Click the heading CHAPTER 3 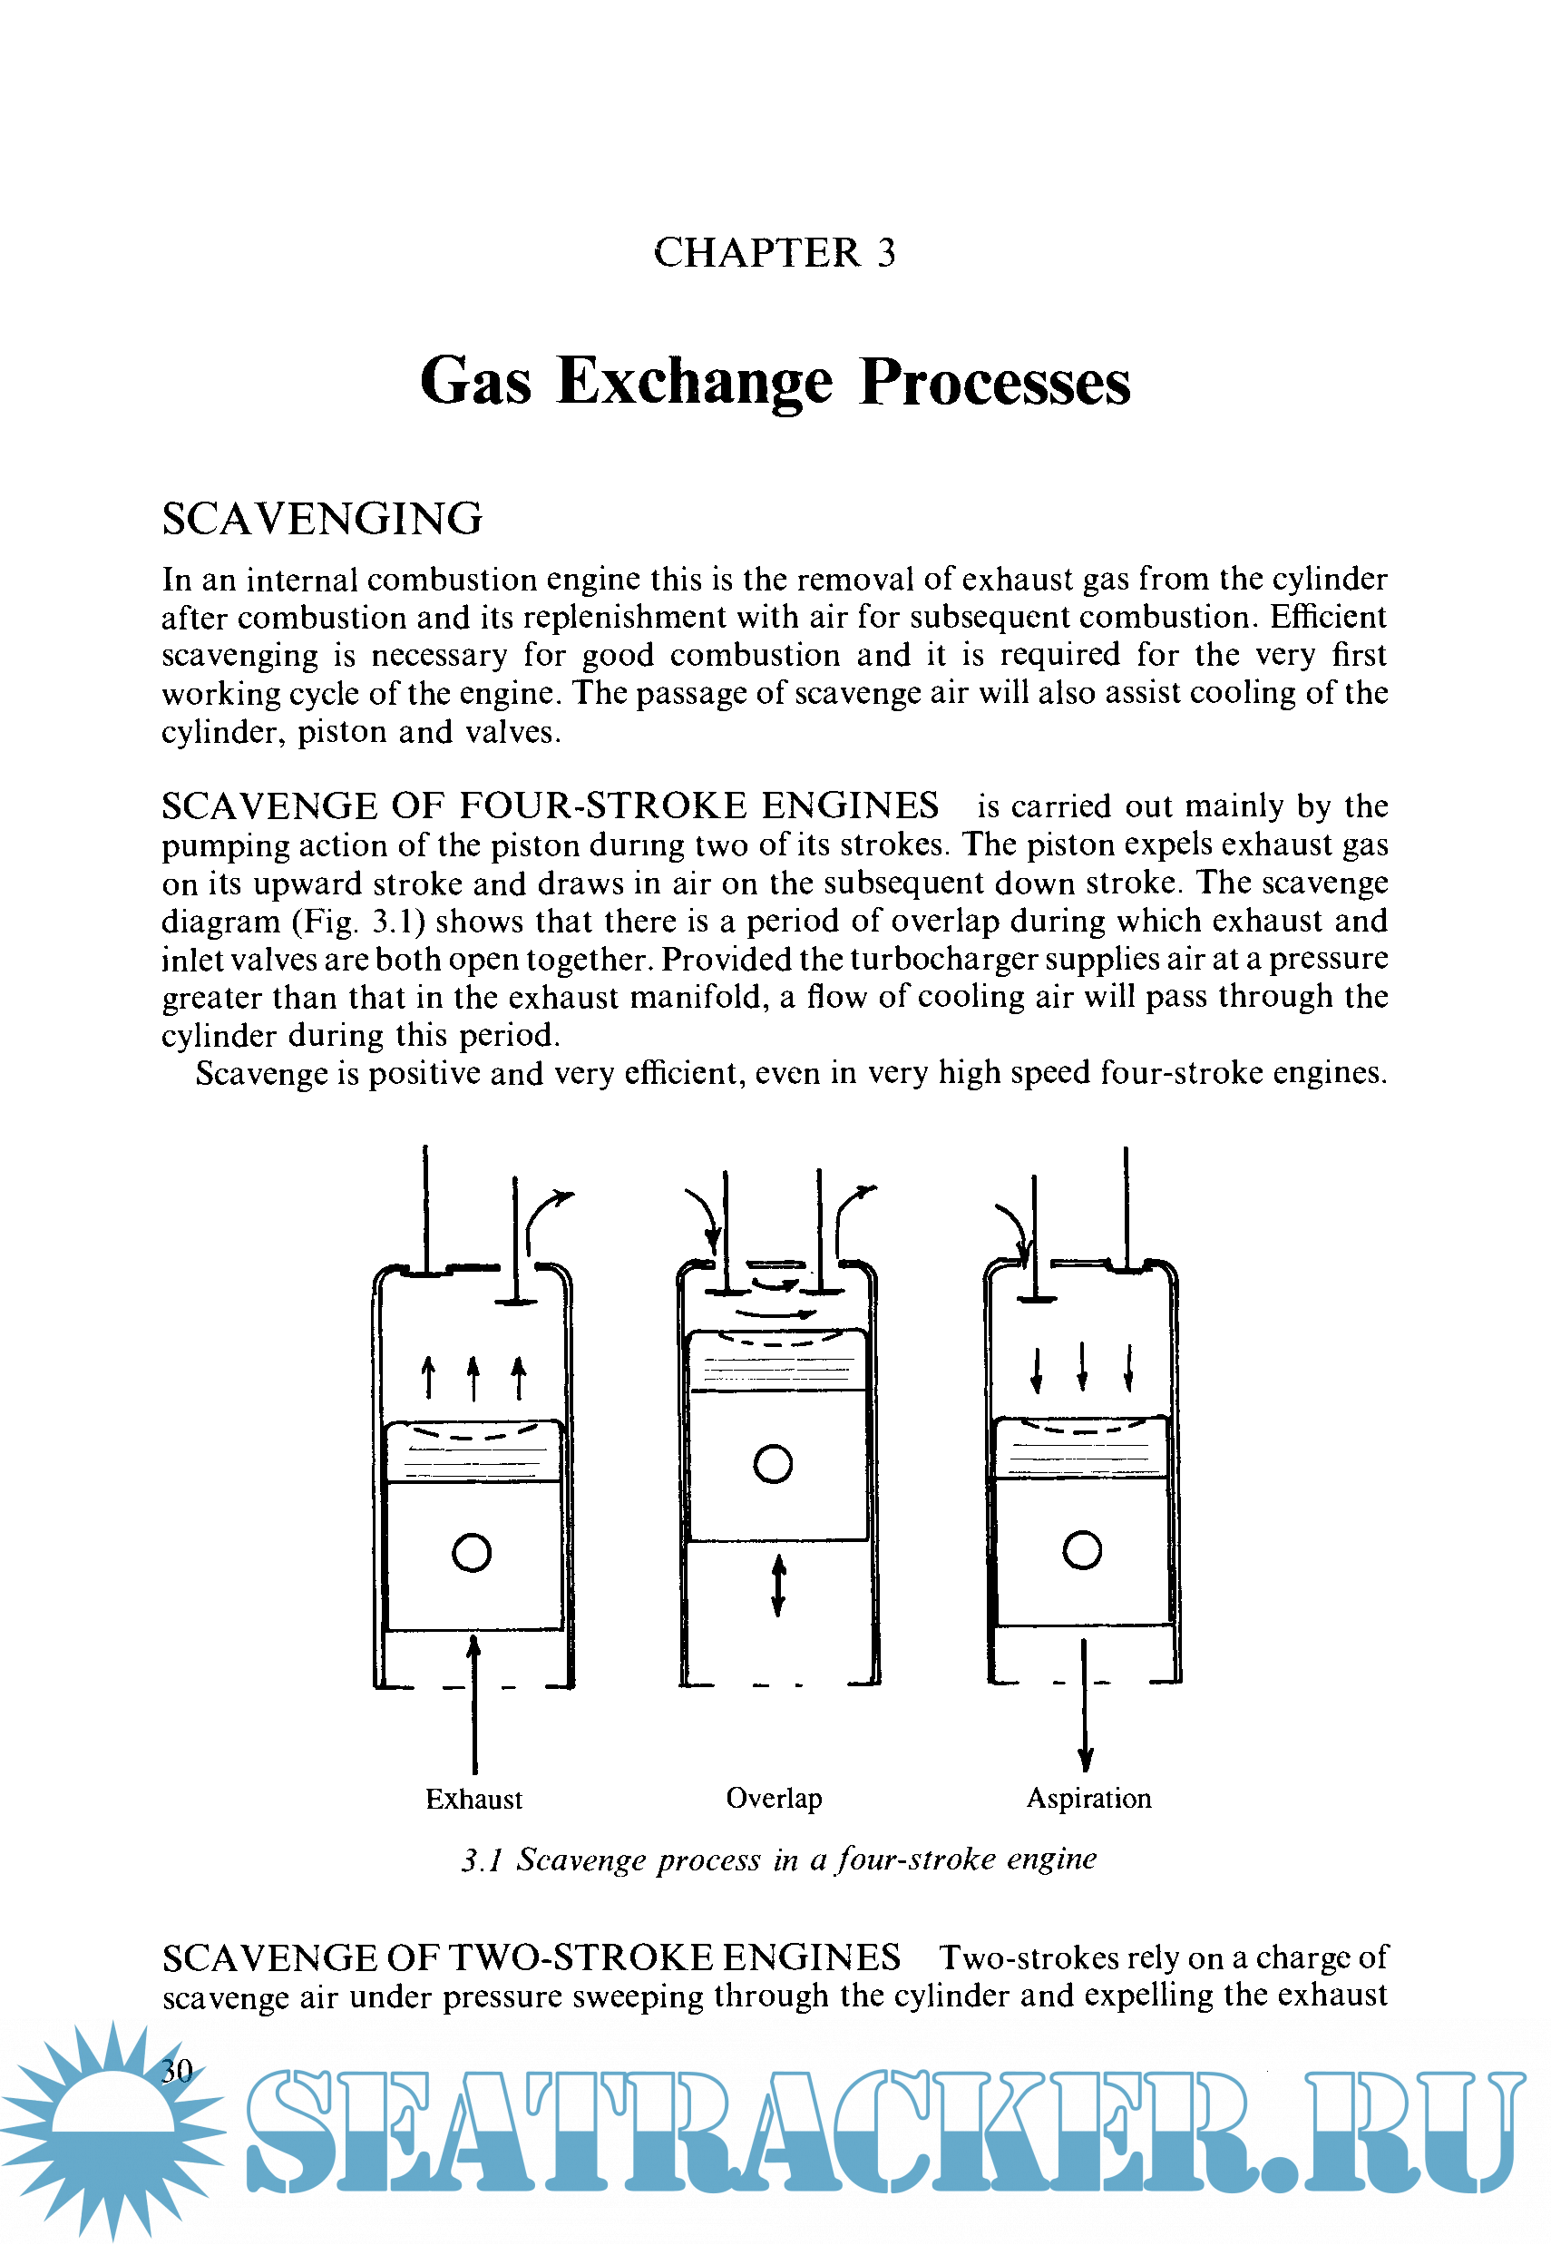tap(775, 253)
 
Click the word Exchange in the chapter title tap(694, 381)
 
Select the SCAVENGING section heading tap(322, 519)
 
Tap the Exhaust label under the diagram tap(473, 1799)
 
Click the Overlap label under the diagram tap(774, 1798)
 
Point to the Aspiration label tap(1088, 1798)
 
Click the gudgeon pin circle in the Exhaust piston tap(472, 1552)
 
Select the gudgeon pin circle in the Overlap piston tap(773, 1464)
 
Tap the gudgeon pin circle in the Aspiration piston tap(1081, 1549)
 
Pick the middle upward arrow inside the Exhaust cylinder tap(473, 1378)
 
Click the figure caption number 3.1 tap(481, 1860)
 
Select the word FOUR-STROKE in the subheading tap(602, 805)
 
